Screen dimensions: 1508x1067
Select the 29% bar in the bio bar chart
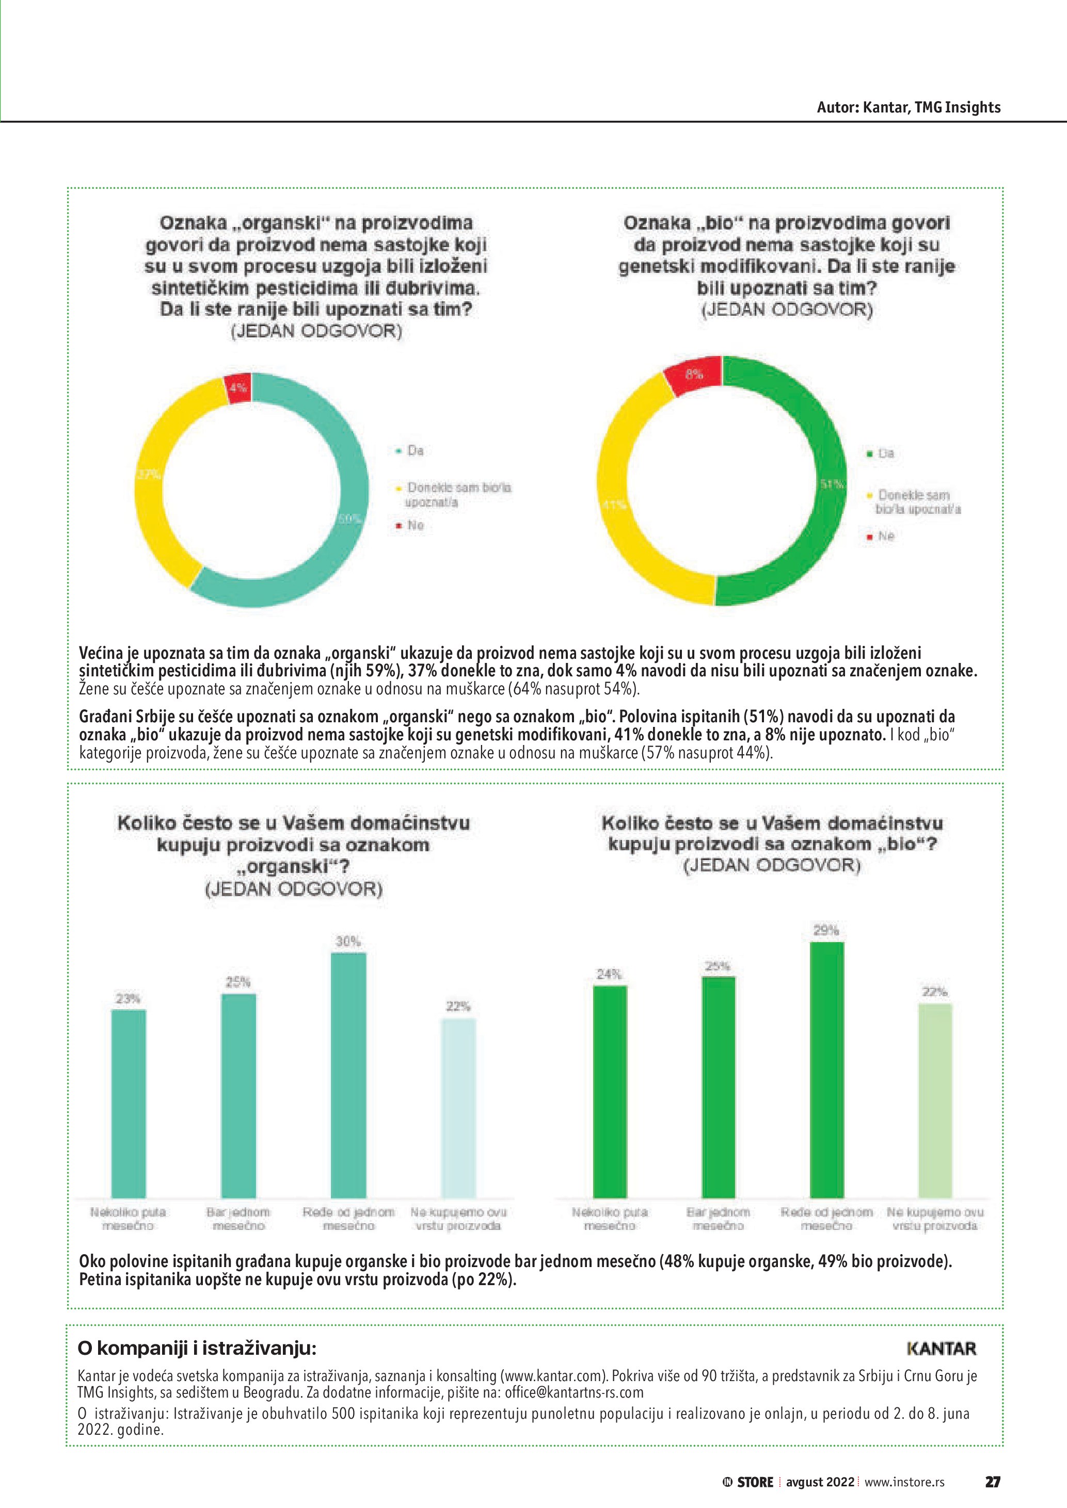(826, 1071)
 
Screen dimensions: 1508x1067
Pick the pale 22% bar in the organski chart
(458, 1110)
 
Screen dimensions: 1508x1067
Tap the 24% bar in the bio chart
(610, 1094)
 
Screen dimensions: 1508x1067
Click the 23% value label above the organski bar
(128, 999)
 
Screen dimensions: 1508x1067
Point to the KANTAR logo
(942, 1349)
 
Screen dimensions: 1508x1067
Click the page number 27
(992, 1482)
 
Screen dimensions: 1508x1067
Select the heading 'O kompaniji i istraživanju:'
(197, 1349)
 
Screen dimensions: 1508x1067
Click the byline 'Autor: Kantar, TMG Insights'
(908, 108)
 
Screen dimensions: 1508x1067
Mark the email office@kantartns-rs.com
(574, 1392)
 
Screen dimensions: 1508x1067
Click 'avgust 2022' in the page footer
(820, 1482)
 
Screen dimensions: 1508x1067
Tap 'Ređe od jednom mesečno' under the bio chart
(826, 1219)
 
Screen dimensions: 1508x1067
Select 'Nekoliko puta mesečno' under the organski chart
(128, 1219)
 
